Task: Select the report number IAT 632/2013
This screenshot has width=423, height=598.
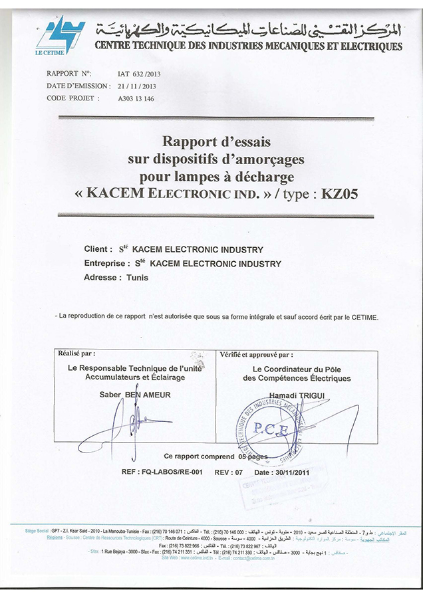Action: (136, 73)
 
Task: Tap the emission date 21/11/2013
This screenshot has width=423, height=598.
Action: (136, 86)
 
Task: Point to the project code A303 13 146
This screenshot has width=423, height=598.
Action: (136, 98)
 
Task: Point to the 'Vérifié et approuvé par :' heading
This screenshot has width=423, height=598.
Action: (256, 355)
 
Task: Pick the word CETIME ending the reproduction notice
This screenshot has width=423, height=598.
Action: (365, 317)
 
